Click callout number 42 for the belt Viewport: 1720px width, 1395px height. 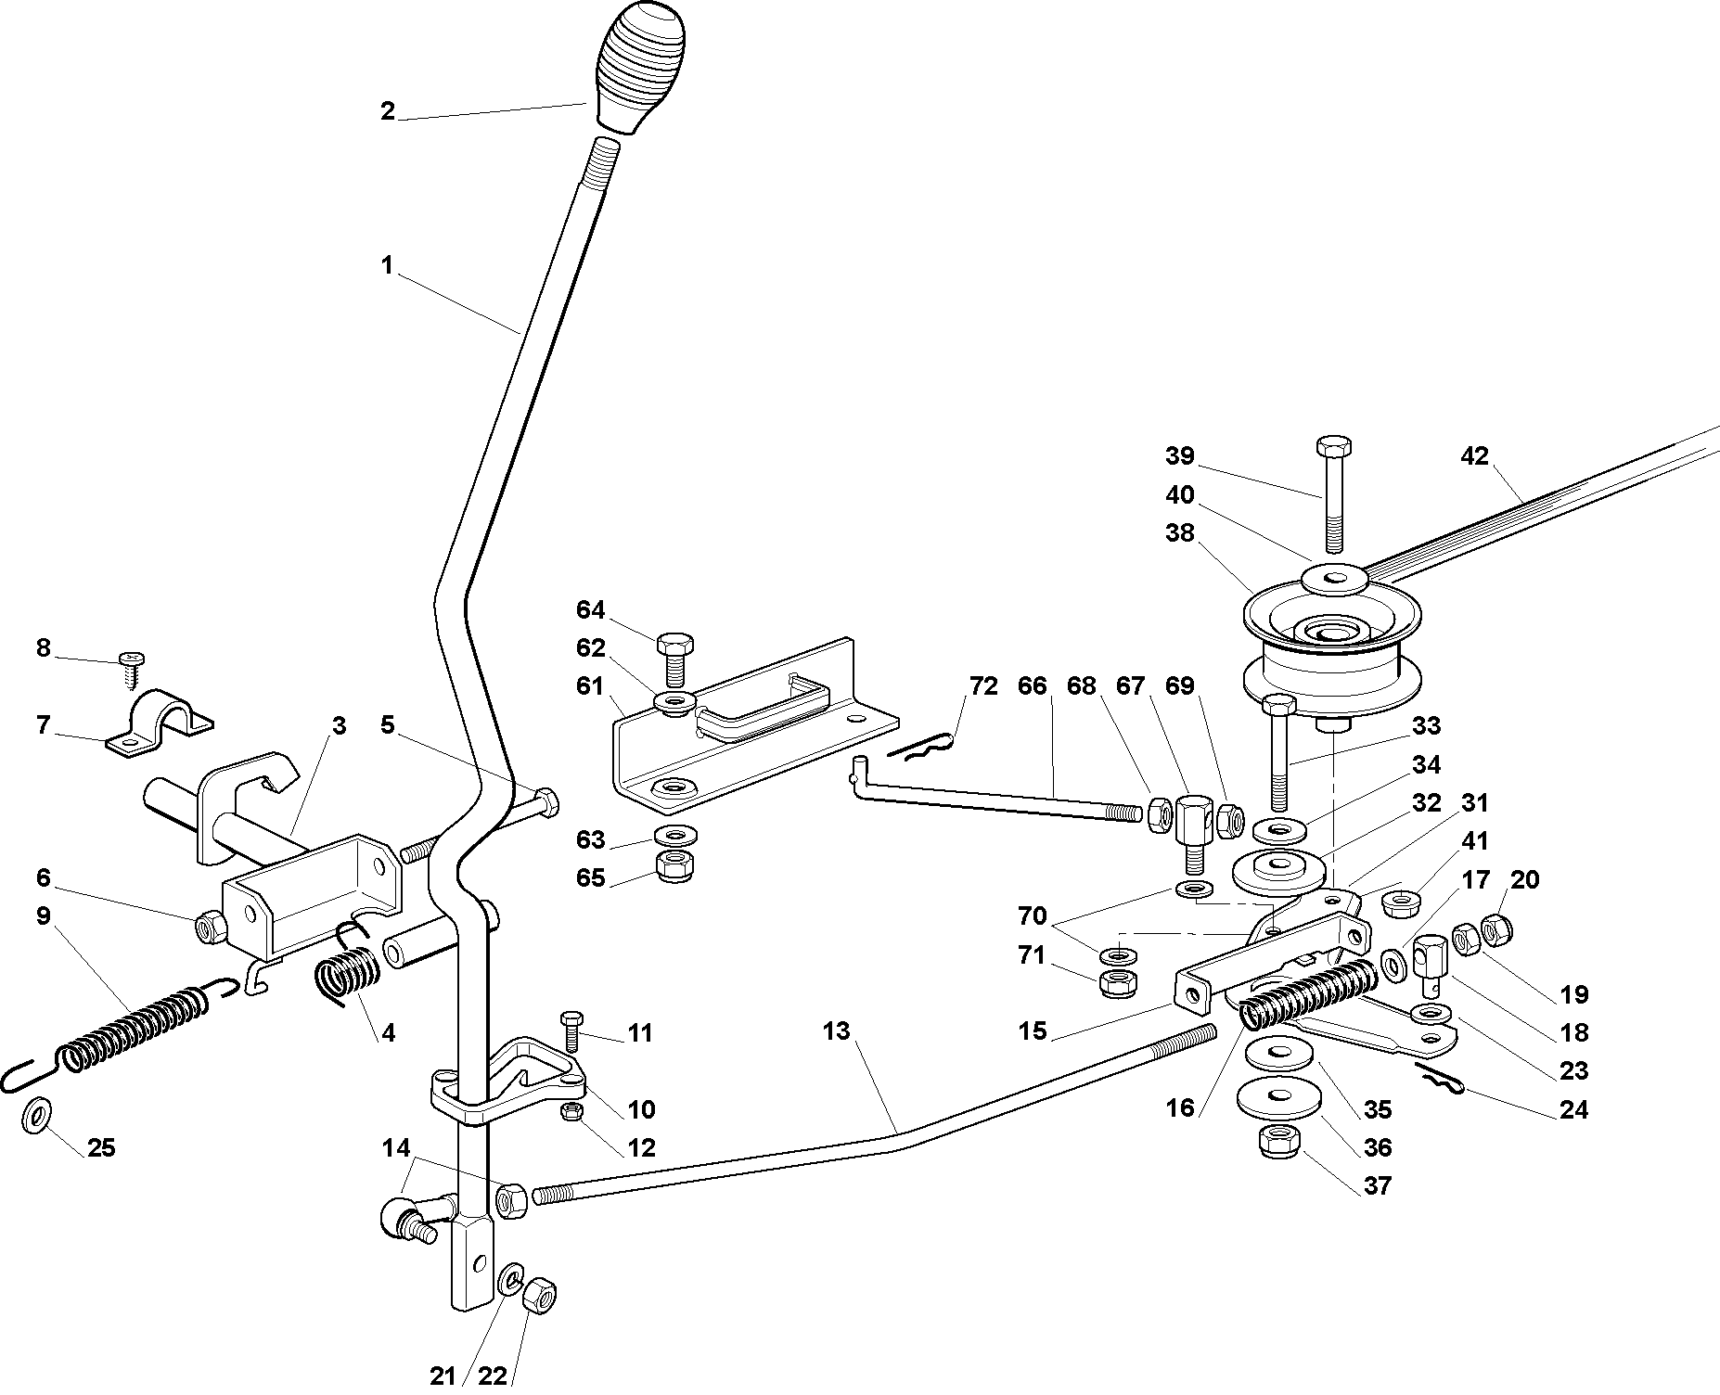pos(1473,456)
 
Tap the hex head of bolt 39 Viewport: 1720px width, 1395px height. pos(1333,444)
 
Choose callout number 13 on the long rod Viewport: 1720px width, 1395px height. pos(836,1030)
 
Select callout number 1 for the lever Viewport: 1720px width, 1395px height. pos(388,265)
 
